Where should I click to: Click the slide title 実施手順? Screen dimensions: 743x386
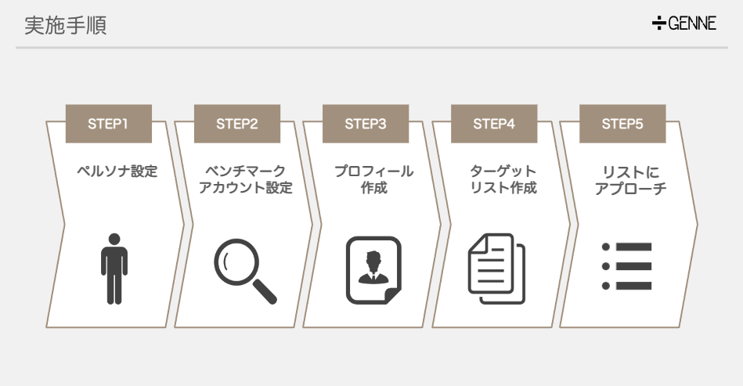click(65, 25)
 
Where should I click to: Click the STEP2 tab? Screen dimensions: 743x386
click(236, 124)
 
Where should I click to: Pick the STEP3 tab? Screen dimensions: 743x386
click(365, 124)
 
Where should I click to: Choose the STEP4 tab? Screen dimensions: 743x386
click(493, 124)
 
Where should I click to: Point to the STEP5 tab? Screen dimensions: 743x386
click(622, 124)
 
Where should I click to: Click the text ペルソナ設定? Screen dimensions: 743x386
click(117, 171)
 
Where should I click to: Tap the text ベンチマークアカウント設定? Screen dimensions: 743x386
click(245, 179)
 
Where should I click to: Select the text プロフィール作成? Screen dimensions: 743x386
click(373, 179)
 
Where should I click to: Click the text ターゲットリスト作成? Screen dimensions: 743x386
click(503, 179)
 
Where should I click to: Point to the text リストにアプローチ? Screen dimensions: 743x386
click(631, 179)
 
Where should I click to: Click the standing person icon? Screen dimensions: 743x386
click(114, 268)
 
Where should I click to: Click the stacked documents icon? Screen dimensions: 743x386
click(496, 269)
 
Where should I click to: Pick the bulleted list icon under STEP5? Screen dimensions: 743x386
click(626, 266)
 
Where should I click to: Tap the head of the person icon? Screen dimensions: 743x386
click(114, 238)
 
